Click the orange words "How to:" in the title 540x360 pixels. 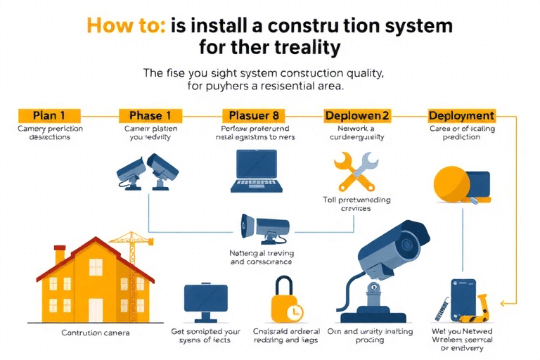(x=126, y=25)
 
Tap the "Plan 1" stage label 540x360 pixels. (x=49, y=115)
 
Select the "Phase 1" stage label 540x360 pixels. (x=150, y=115)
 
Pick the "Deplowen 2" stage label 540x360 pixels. (x=356, y=115)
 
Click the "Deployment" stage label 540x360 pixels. (x=461, y=115)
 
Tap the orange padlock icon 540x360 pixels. (x=286, y=301)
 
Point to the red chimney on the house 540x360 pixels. (x=60, y=253)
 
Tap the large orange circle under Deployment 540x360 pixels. (x=450, y=184)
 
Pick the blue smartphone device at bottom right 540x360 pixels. (x=462, y=300)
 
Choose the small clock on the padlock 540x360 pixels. (x=296, y=310)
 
